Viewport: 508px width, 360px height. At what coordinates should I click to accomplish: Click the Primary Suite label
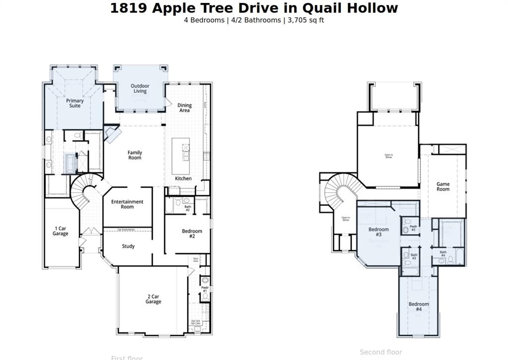click(75, 103)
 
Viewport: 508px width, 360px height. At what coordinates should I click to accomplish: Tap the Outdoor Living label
click(140, 88)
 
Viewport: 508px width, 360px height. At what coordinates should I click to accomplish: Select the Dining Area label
click(185, 108)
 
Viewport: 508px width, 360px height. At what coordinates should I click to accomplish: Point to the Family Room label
click(135, 155)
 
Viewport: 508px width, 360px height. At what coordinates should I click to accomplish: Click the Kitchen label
click(183, 178)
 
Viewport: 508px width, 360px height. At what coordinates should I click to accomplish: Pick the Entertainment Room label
click(127, 204)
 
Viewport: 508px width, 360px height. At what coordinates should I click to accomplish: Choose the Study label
click(128, 246)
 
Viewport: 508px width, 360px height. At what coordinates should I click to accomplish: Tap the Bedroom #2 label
click(192, 233)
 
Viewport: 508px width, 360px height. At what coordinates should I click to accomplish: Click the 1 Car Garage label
click(61, 231)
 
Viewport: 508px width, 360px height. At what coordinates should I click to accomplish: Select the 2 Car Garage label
click(153, 299)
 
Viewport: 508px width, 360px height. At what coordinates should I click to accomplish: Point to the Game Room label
click(443, 187)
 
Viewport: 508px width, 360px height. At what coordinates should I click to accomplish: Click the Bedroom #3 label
click(379, 232)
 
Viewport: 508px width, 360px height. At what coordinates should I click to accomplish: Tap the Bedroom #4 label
click(419, 306)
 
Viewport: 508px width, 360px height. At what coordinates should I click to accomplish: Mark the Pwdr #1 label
click(204, 289)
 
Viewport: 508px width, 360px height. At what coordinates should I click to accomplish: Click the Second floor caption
click(381, 352)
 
